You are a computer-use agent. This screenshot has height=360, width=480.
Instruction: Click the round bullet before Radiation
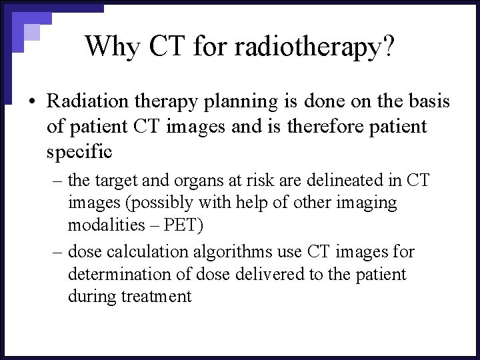tap(31, 102)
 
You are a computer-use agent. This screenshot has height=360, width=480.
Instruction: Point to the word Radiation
tap(85, 101)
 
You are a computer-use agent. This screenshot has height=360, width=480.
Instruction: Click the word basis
tap(427, 101)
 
